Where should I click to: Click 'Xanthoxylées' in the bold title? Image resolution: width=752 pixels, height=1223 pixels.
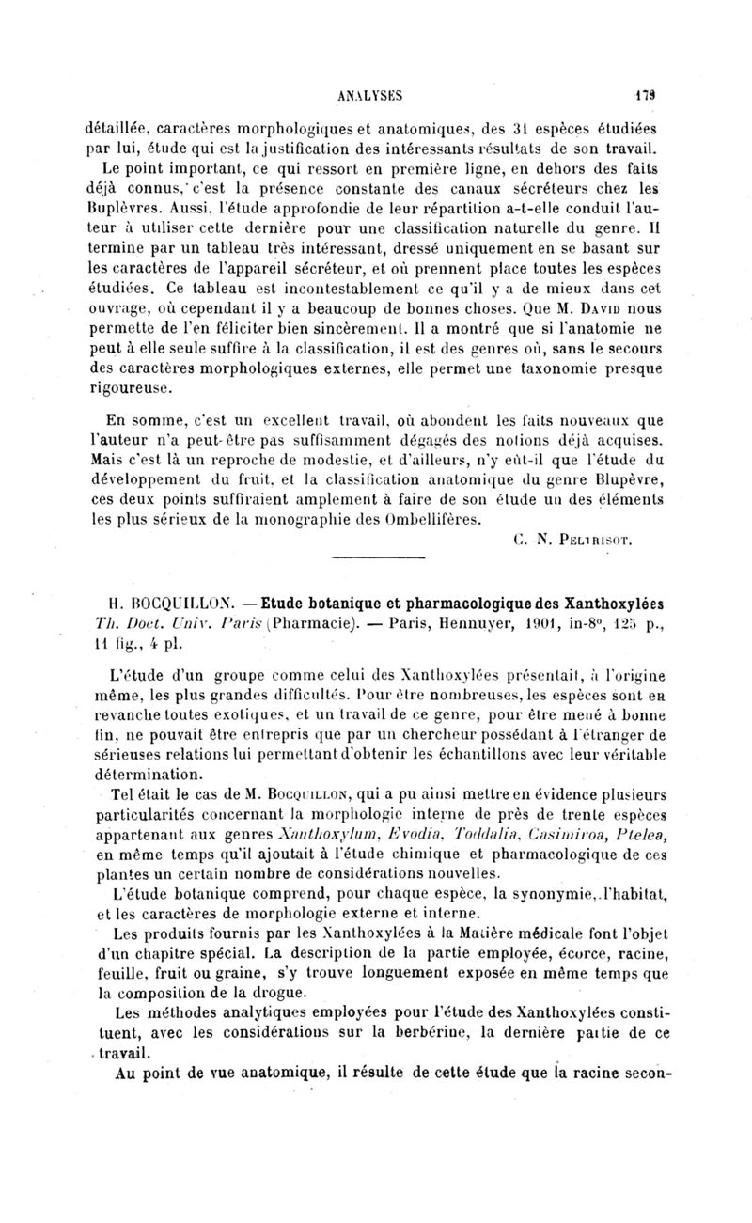[x=602, y=603]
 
